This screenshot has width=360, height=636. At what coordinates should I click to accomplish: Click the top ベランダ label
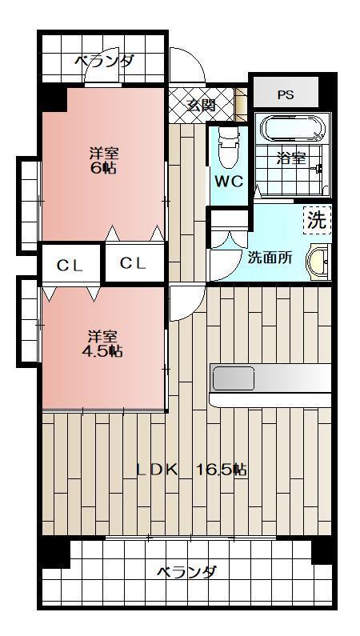[105, 60]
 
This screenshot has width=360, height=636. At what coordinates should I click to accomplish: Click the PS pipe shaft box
[286, 94]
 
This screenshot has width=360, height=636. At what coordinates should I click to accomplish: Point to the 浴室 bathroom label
[290, 158]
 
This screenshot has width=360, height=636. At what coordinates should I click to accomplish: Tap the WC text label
[227, 181]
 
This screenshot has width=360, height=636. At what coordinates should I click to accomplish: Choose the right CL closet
[134, 263]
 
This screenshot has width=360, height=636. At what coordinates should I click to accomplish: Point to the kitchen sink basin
[233, 378]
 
